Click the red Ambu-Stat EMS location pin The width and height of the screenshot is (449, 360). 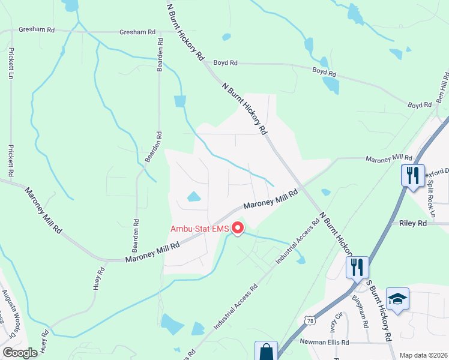[x=238, y=229]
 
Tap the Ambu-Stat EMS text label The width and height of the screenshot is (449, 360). [x=200, y=229]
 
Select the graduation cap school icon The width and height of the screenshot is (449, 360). [x=397, y=299]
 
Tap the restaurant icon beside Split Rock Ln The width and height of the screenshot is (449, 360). [x=412, y=176]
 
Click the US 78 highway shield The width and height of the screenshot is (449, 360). [x=309, y=322]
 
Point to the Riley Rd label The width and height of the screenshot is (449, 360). [x=412, y=223]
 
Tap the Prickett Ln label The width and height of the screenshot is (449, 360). [x=11, y=61]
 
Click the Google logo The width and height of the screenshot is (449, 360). [x=20, y=352]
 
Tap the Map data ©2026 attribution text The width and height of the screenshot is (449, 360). [x=423, y=355]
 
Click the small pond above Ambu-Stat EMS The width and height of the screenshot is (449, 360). [x=194, y=196]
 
